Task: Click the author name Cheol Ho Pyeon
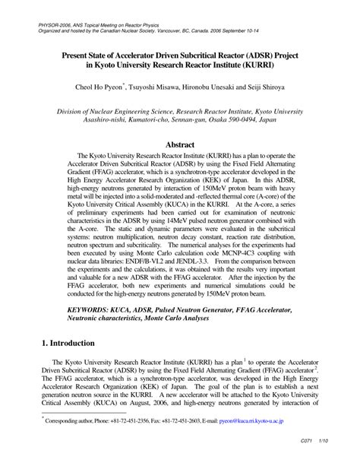119,87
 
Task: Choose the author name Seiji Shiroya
288,87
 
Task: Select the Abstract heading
180,144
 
